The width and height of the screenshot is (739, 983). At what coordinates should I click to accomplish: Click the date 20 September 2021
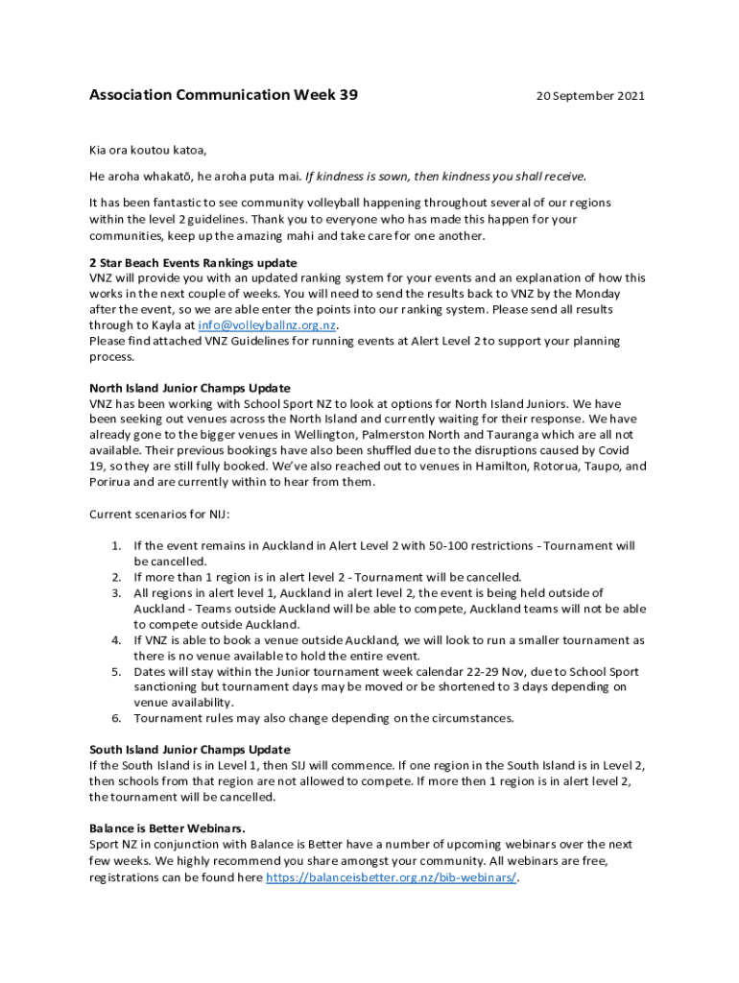click(590, 96)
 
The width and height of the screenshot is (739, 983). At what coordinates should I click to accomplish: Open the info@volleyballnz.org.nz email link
click(266, 325)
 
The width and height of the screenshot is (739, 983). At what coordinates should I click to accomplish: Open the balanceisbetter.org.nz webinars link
click(391, 877)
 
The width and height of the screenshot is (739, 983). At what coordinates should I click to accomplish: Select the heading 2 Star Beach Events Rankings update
click(193, 263)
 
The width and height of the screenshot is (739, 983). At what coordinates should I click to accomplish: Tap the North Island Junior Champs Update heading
click(190, 388)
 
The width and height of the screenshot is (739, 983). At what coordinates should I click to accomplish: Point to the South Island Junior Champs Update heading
click(190, 749)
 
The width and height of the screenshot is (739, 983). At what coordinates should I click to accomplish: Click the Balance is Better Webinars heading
click(167, 827)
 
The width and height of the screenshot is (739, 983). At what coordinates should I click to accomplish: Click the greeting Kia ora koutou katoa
click(148, 151)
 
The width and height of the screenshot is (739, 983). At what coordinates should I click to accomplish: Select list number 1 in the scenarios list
click(115, 545)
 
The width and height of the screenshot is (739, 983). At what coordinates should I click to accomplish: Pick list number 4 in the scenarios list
click(115, 639)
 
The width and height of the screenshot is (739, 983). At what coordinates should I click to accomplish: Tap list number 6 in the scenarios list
click(115, 718)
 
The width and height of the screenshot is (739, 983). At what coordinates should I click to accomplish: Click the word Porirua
click(111, 482)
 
